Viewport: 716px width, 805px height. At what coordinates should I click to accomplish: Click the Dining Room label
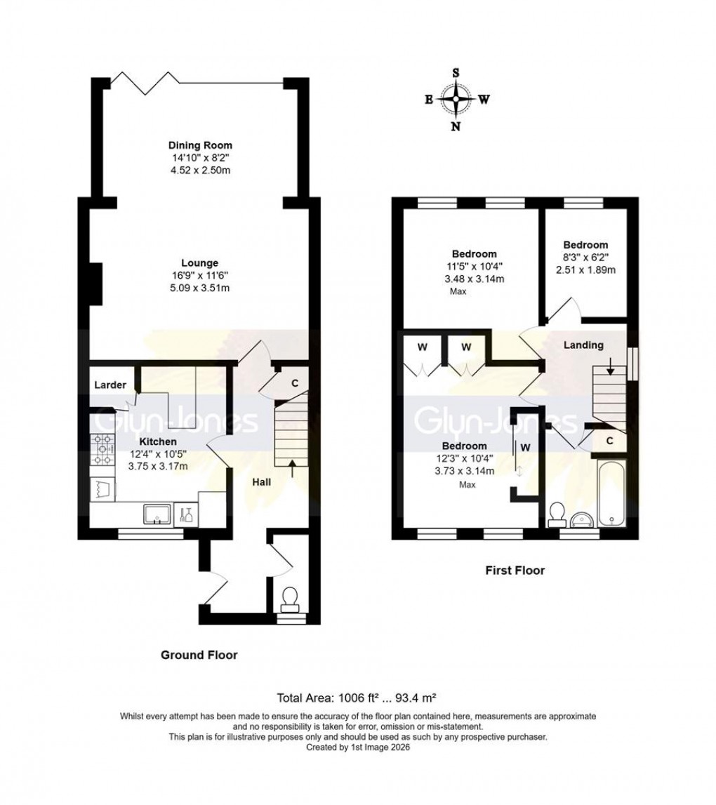(x=195, y=145)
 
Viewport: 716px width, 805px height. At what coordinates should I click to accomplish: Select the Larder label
(x=111, y=385)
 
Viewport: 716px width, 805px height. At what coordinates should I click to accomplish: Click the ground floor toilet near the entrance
(x=290, y=598)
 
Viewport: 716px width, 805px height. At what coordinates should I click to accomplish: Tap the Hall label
(x=262, y=482)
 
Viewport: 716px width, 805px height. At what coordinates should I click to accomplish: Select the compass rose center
(x=456, y=99)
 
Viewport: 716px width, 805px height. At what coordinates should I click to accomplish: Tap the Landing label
(x=583, y=345)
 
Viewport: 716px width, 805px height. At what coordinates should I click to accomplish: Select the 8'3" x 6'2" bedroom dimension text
(x=585, y=258)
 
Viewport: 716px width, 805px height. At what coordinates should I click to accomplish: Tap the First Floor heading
(x=515, y=571)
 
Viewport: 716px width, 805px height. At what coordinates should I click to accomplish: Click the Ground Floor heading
(x=199, y=655)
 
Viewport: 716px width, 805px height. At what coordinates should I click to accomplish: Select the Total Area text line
(x=357, y=698)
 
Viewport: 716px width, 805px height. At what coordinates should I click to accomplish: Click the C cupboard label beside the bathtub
(x=610, y=441)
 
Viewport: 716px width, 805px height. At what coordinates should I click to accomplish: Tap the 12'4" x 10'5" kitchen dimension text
(x=157, y=453)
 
